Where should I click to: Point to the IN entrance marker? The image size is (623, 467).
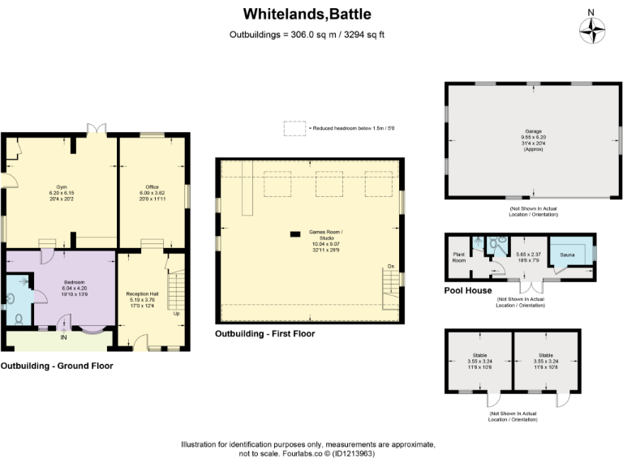64,338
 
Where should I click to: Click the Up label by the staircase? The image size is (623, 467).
176,313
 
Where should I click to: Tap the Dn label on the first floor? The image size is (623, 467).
390,266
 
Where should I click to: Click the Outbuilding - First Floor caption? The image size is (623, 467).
264,333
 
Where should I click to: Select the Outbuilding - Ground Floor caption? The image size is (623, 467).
57,366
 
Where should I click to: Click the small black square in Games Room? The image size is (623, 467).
293,234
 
